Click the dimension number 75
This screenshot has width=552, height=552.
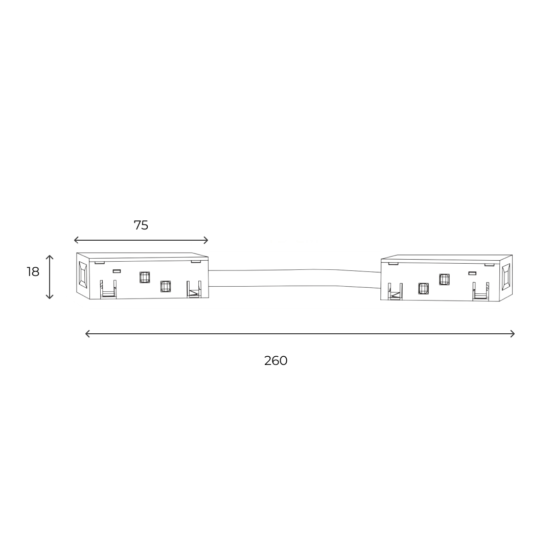point(141,225)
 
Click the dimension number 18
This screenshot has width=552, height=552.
point(33,272)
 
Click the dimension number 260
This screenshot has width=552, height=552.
point(275,361)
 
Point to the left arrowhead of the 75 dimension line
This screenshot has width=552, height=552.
point(76,240)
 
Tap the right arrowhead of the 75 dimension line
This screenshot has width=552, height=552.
point(206,240)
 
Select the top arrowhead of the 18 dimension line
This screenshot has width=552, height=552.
point(50,258)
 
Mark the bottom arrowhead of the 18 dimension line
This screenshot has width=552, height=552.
point(50,297)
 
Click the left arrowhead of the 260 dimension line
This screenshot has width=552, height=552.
point(88,334)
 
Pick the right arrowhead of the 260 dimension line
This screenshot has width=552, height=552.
point(512,334)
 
